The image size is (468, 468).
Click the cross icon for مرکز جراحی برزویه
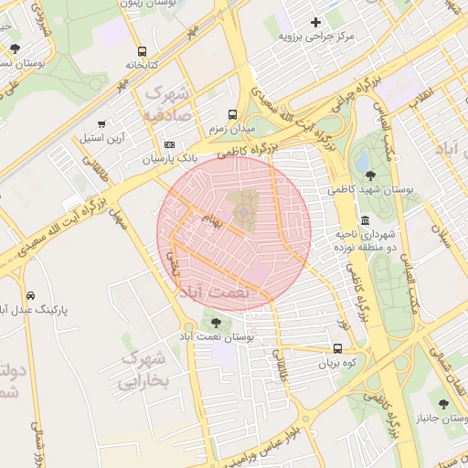316,22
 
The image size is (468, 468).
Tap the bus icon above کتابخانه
141,52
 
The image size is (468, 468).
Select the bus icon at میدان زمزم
232,116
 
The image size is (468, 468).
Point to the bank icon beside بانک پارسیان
169,144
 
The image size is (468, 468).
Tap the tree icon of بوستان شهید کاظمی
369,175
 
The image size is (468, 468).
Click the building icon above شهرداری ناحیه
366,221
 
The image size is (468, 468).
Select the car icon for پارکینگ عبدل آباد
31,296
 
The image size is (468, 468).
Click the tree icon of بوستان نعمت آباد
216,323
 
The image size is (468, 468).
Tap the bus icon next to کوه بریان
338,348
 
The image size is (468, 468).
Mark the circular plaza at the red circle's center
244,213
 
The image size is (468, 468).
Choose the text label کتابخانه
141,67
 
